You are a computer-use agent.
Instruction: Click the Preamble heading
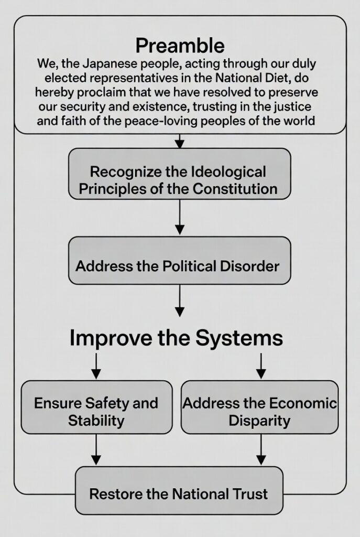tap(180, 46)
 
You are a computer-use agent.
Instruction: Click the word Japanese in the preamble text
tap(106, 63)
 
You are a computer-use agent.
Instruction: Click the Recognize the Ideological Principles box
tap(180, 174)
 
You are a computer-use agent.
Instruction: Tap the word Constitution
tap(235, 189)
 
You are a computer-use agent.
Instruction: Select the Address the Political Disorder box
tap(180, 260)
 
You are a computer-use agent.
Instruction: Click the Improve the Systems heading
tap(176, 338)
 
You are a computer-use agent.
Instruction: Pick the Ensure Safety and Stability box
tap(96, 407)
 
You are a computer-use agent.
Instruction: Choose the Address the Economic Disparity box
tap(259, 407)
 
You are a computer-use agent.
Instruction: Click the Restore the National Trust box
tap(179, 490)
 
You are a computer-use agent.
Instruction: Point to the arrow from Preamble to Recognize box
tap(180, 141)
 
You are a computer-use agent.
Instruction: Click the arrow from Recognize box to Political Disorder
tap(180, 217)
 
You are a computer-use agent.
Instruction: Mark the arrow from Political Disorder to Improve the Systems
tap(180, 300)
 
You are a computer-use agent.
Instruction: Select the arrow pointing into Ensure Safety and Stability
tap(96, 366)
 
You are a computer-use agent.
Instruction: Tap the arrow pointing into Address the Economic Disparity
tap(261, 366)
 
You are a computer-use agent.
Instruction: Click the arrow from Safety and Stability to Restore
tap(96, 449)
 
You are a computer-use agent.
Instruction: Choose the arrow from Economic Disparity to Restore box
tap(261, 449)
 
